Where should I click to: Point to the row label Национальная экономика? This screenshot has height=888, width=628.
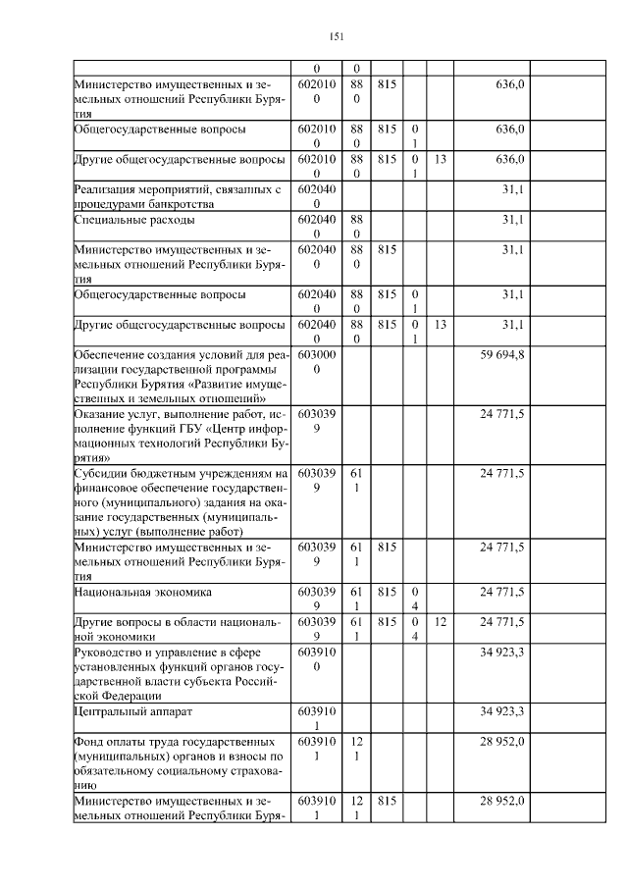131,593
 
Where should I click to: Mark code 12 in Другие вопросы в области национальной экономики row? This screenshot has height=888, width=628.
441,622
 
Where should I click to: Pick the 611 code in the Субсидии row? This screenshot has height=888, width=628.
356,480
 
